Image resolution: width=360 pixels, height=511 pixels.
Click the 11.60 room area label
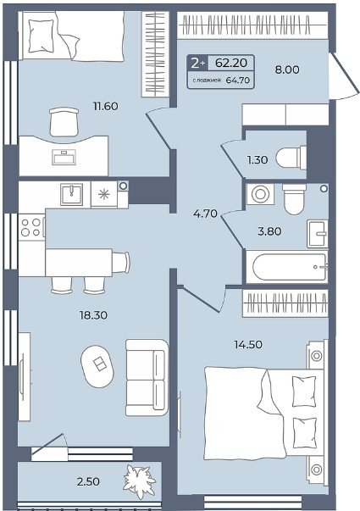(106, 106)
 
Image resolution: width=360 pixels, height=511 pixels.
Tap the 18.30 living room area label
(93, 315)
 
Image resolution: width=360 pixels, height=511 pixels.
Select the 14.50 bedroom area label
(248, 344)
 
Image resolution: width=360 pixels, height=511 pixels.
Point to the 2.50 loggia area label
(88, 481)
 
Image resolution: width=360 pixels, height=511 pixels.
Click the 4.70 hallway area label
(205, 214)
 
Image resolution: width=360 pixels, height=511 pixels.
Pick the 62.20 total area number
(231, 63)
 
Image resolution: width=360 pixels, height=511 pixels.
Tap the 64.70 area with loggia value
(238, 81)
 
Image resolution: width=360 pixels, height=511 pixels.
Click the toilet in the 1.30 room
(291, 158)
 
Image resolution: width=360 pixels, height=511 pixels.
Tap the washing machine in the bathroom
(260, 194)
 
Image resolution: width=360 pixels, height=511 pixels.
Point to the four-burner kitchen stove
(31, 227)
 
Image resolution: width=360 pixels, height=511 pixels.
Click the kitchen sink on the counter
(71, 195)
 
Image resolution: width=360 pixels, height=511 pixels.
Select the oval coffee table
(97, 366)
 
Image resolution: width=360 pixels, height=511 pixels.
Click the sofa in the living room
(147, 377)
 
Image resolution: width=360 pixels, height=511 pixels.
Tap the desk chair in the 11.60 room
(64, 121)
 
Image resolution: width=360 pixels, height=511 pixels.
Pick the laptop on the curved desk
(64, 157)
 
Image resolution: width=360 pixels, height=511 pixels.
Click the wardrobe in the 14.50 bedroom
(285, 303)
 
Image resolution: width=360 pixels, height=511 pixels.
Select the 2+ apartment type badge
(197, 63)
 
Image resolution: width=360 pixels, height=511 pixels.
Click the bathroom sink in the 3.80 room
(318, 233)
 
